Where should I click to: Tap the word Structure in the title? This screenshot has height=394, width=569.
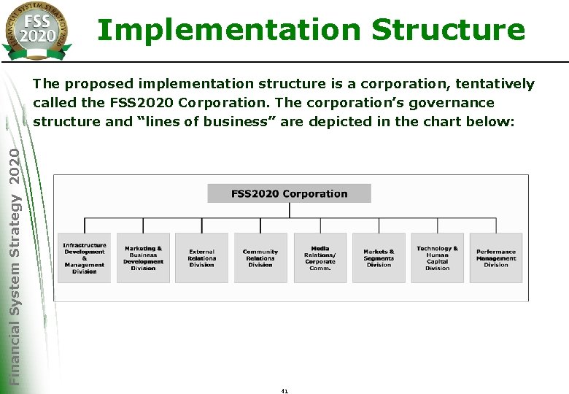pos(447,30)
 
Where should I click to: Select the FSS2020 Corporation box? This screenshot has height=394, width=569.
pos(289,193)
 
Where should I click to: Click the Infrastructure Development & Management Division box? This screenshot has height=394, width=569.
pos(85,258)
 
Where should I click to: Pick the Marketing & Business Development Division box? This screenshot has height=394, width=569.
pos(143,258)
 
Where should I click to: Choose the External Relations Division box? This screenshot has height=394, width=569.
pos(201,258)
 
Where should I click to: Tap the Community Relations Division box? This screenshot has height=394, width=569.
pos(260,258)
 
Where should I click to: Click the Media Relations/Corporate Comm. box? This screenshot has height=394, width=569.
pos(320,258)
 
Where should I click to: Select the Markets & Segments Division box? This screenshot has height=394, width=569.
pos(379,258)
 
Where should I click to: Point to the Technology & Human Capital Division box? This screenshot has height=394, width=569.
pos(437,258)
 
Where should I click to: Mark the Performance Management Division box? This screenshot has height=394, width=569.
pos(496,258)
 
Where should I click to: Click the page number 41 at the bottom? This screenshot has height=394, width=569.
pos(284,390)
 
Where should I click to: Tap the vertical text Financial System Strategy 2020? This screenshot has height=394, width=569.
pos(15,263)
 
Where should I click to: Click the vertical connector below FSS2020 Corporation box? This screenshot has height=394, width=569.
pos(290,210)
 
